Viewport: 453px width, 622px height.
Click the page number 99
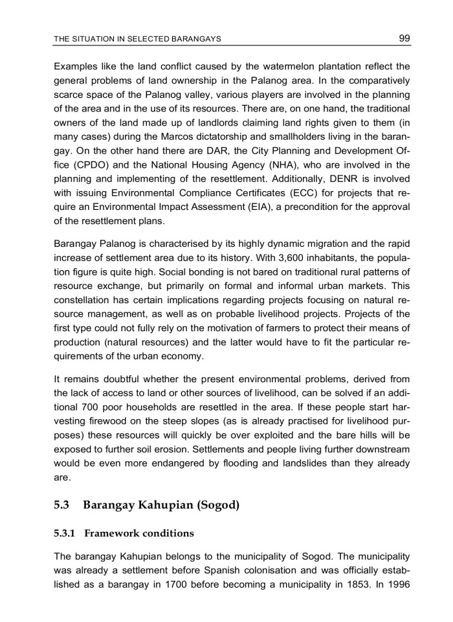(405, 38)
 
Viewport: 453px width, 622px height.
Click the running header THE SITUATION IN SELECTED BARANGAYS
(138, 40)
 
